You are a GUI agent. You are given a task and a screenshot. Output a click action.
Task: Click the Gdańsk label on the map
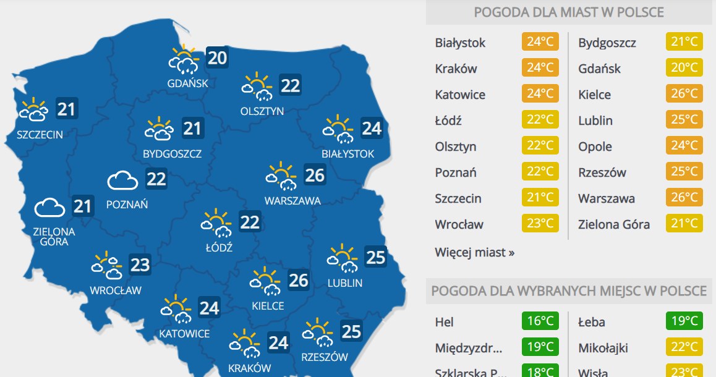(187, 83)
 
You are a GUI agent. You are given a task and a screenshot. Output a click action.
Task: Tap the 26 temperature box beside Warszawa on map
(315, 175)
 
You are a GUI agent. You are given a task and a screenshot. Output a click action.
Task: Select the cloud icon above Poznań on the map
(122, 180)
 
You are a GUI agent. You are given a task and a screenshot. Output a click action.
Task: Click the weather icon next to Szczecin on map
(33, 111)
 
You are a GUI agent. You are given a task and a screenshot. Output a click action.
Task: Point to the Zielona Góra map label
(54, 237)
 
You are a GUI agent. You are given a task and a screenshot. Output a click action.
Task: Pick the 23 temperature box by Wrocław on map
(140, 265)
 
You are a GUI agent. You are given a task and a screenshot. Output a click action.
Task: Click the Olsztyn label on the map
(262, 111)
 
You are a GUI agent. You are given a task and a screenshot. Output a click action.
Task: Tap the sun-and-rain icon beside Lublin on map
(342, 258)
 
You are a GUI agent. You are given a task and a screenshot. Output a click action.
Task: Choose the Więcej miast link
(474, 252)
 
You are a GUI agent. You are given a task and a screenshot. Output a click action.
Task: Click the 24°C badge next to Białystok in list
(540, 43)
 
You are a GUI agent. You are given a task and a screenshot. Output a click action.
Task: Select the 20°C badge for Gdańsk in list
(684, 69)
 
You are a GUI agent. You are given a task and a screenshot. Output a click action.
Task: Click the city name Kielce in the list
(594, 95)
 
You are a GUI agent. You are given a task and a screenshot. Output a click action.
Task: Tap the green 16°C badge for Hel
(540, 322)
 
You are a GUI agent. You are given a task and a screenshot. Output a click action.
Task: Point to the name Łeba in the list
(591, 322)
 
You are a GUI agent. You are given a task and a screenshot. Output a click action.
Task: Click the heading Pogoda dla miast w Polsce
(569, 12)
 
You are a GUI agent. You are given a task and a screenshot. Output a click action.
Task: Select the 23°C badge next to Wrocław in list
(540, 224)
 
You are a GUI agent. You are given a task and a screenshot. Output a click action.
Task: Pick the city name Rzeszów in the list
(602, 172)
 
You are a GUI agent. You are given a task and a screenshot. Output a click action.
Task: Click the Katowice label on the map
(184, 334)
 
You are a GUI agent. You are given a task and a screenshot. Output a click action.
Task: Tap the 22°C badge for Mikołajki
(684, 348)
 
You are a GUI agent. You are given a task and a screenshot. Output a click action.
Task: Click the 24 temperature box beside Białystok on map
(372, 129)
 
